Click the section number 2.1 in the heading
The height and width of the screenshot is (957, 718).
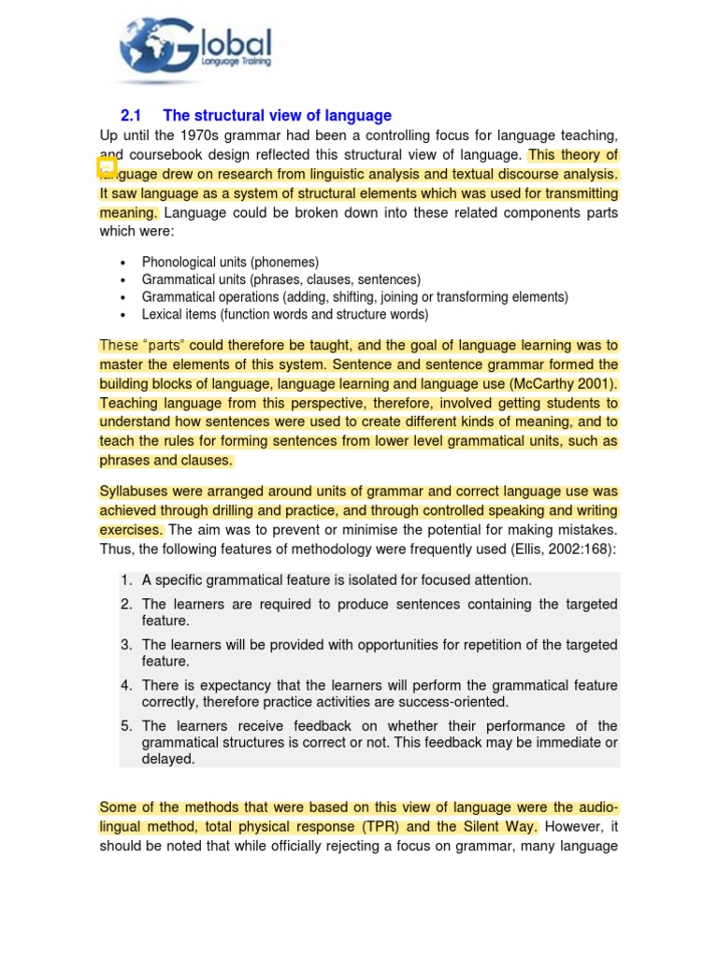point(130,116)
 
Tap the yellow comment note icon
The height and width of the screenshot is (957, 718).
point(107,167)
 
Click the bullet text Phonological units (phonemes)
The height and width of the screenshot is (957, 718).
point(230,263)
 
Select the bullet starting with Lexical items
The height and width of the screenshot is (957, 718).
point(284,315)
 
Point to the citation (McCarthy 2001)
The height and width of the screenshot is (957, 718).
point(564,384)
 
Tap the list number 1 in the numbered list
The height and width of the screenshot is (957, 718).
point(125,580)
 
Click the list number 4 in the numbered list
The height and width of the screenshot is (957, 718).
point(125,686)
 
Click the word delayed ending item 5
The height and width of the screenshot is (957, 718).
point(168,760)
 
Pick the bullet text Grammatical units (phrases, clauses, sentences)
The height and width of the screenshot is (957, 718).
point(280,280)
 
